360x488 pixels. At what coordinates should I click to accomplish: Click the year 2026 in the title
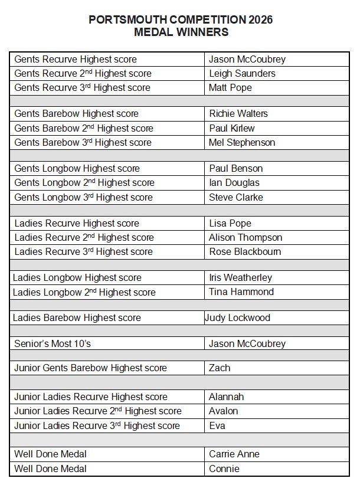tap(260, 20)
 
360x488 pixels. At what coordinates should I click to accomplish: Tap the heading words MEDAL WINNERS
tap(181, 32)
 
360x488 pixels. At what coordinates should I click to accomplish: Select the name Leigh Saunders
tap(242, 73)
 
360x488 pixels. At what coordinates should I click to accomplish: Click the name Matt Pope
tap(230, 87)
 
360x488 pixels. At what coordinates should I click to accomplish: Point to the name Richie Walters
tap(238, 113)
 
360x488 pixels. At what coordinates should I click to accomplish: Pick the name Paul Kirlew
tap(232, 128)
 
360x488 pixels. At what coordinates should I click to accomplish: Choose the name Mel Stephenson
tap(242, 142)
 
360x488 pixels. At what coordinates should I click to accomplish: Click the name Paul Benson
tap(236, 168)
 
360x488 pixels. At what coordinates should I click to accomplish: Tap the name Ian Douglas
tap(234, 182)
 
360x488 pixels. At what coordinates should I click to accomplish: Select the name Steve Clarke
tap(236, 197)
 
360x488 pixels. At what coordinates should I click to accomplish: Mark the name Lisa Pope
tap(230, 223)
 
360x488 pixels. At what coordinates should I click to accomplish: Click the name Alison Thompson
tap(246, 237)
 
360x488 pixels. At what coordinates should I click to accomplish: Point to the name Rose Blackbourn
tap(245, 251)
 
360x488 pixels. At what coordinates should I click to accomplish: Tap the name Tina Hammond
tap(241, 292)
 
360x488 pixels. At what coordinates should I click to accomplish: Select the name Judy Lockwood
tap(237, 317)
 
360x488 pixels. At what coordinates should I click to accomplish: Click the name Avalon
tap(224, 411)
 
